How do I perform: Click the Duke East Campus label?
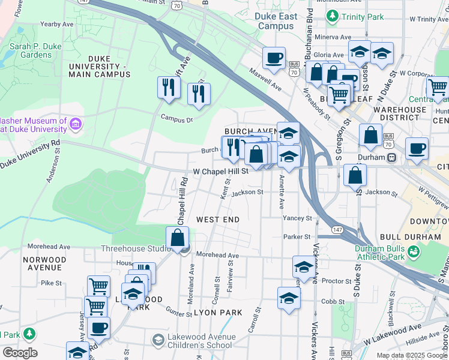[x=276, y=21]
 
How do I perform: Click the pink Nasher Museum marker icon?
[x=76, y=125]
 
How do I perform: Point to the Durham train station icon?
[x=391, y=157]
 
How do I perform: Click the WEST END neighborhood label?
[x=218, y=220]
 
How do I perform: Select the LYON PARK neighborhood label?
[x=218, y=313]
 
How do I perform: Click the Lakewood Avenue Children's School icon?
[x=158, y=340]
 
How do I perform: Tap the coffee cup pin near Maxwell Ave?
[x=274, y=58]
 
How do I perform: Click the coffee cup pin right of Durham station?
[x=417, y=148]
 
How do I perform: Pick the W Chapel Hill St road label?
[x=220, y=172]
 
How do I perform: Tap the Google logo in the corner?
[x=20, y=353]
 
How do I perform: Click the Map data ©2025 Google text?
[x=411, y=355]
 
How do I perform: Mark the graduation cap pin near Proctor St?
[x=304, y=266]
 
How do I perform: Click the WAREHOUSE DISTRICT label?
[x=400, y=113]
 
